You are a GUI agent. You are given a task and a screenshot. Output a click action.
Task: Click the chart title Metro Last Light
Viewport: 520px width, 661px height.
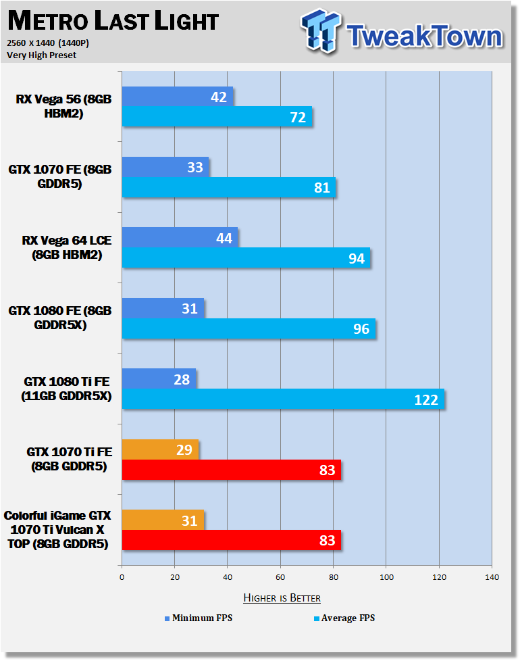pyautogui.click(x=113, y=21)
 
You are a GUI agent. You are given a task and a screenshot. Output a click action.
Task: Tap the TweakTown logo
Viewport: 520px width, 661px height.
pyautogui.click(x=402, y=31)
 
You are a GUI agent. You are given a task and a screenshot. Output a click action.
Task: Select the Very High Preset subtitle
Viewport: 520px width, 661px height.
pyautogui.click(x=42, y=55)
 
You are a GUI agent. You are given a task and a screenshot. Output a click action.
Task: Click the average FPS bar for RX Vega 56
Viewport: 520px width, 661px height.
pyautogui.click(x=217, y=116)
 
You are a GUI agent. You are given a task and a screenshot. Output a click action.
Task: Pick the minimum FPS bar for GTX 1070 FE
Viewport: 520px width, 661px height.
pyautogui.click(x=165, y=167)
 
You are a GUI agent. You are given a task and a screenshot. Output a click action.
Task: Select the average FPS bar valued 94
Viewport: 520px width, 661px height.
pyautogui.click(x=246, y=258)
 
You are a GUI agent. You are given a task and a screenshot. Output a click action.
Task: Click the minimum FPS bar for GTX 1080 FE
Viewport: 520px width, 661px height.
pyautogui.click(x=163, y=308)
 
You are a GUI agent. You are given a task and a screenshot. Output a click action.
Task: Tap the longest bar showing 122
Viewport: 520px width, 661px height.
pyautogui.click(x=284, y=399)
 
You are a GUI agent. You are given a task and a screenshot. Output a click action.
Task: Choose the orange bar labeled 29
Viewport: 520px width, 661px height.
pyautogui.click(x=161, y=449)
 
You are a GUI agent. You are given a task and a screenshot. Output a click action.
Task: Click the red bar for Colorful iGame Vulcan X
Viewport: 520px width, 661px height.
pyautogui.click(x=232, y=540)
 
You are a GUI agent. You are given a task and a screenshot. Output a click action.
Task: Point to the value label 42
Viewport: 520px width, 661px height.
pyautogui.click(x=219, y=97)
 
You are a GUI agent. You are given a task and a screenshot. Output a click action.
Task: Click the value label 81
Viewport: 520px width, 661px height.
pyautogui.click(x=322, y=187)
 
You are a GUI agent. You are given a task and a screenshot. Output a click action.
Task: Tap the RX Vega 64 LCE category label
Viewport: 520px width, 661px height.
pyautogui.click(x=67, y=247)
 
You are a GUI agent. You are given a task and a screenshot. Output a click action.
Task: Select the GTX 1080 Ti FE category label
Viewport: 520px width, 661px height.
pyautogui.click(x=67, y=389)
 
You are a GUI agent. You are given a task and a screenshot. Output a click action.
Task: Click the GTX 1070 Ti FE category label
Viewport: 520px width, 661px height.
pyautogui.click(x=70, y=459)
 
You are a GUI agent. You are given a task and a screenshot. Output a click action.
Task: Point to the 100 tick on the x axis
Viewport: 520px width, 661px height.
pyautogui.click(x=386, y=577)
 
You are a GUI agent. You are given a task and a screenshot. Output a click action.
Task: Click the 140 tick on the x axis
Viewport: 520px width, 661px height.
pyautogui.click(x=492, y=577)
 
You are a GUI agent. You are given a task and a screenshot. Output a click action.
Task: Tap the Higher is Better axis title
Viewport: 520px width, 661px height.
pyautogui.click(x=282, y=597)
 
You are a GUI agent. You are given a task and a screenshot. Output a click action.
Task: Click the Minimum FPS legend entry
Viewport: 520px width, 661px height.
pyautogui.click(x=199, y=618)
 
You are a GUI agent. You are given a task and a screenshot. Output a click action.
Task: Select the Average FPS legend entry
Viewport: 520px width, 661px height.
pyautogui.click(x=344, y=618)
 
